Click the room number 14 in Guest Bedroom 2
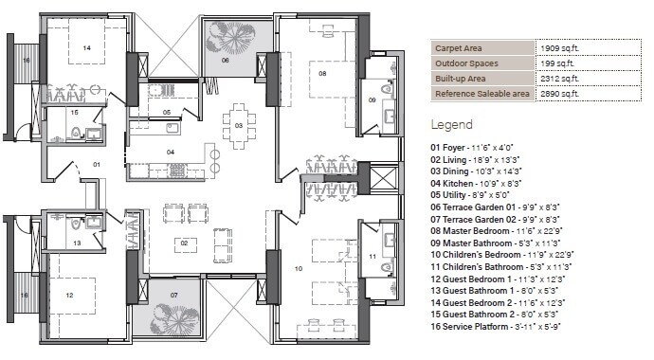click(x=86, y=46)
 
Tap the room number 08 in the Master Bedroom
click(x=322, y=73)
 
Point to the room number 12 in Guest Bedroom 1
click(x=69, y=295)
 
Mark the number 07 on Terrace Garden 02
click(x=174, y=296)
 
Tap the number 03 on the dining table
click(x=239, y=125)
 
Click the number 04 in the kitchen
click(x=171, y=152)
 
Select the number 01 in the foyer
click(x=95, y=164)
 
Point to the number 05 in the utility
click(x=166, y=113)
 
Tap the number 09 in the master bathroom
click(x=372, y=99)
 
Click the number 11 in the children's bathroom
click(x=372, y=257)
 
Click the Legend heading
click(x=452, y=124)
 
